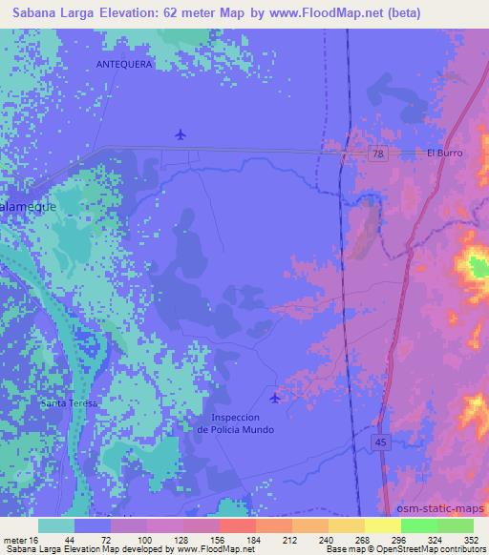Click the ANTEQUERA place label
(x=124, y=64)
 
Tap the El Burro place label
(x=443, y=154)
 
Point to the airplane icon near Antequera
(x=181, y=134)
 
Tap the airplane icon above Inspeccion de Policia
(x=276, y=398)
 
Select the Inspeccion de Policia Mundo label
(x=235, y=423)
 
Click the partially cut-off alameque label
(x=28, y=205)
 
